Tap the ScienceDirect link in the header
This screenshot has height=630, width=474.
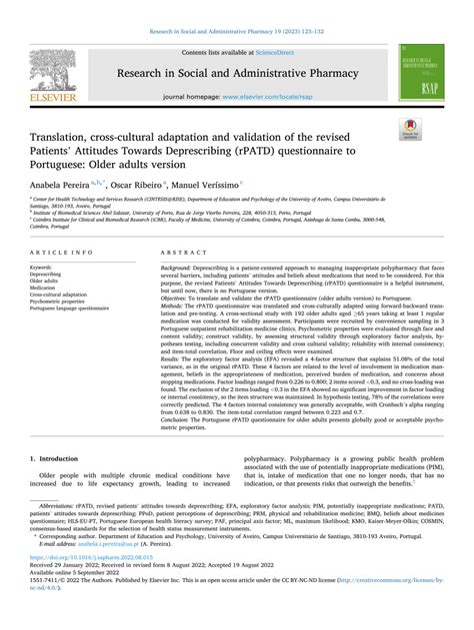[283, 51]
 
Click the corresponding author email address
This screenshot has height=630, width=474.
[105, 570]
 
